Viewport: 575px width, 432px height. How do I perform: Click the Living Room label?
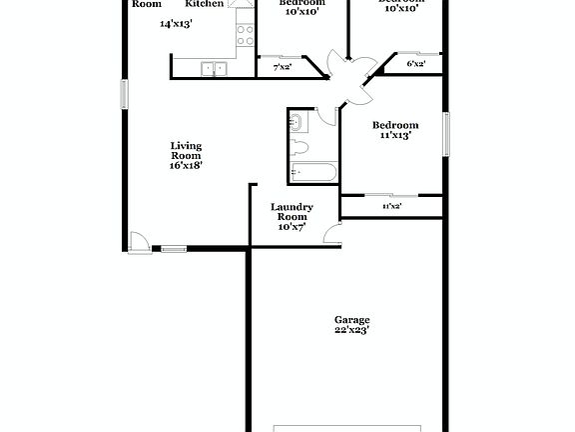pos(186,150)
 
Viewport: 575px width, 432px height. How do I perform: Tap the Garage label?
pos(351,320)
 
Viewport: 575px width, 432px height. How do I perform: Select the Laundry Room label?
pos(292,212)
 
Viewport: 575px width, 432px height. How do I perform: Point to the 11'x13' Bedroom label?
pos(394,125)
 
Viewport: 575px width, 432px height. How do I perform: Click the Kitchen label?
pos(205,4)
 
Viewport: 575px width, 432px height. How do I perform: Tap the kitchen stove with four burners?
pos(244,37)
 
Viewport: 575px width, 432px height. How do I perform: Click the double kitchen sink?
pos(214,69)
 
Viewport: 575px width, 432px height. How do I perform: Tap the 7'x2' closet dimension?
pos(283,69)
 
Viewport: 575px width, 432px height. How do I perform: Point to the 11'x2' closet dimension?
pos(391,206)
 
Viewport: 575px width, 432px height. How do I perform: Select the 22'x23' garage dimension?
pos(351,329)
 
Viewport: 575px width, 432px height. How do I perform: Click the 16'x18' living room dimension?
pos(186,166)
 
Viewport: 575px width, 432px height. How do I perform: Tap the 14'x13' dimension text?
pos(177,23)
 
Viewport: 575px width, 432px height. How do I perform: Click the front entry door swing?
pos(139,241)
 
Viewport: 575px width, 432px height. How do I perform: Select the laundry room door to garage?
pos(331,237)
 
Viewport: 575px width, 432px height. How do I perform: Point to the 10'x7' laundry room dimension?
pos(291,227)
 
